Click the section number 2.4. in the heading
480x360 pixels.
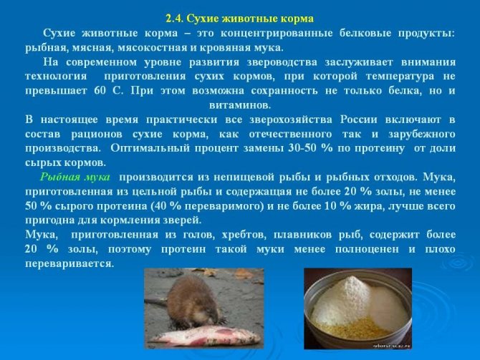[175, 19]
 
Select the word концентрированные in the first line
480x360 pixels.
[277, 33]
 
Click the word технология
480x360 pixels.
[56, 76]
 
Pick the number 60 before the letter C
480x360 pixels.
[100, 90]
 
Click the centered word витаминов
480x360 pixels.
[240, 105]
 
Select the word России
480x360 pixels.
[359, 120]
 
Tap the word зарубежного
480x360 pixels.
[422, 134]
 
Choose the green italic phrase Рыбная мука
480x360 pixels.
[75, 177]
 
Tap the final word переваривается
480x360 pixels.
[69, 263]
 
